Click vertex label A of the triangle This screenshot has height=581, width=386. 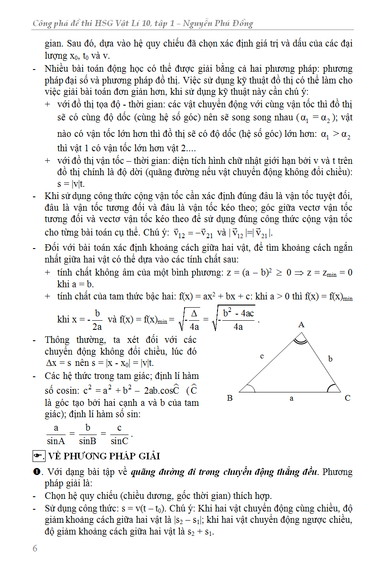[x=301, y=325]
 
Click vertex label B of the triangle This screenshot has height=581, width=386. [x=230, y=398]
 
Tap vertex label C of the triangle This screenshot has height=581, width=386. [x=348, y=398]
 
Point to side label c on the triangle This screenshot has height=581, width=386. [x=262, y=356]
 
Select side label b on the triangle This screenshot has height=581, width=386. [x=330, y=359]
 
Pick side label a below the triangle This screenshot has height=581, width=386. [x=291, y=398]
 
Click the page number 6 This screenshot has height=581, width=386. [x=35, y=548]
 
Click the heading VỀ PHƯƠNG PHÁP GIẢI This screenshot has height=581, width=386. [x=104, y=456]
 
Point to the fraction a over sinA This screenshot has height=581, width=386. [x=56, y=434]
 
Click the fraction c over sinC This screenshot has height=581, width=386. [x=119, y=434]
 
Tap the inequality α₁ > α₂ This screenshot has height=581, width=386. [x=335, y=135]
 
